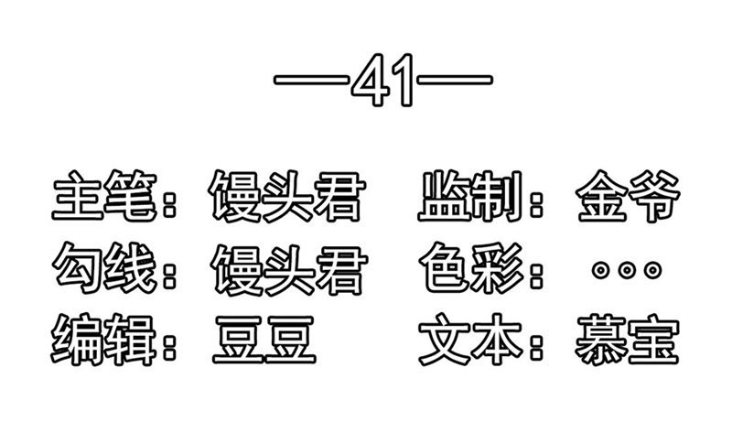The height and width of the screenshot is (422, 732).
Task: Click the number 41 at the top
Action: [382, 80]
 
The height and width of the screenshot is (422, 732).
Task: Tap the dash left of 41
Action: [312, 80]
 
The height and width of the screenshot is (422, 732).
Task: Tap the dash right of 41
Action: [455, 80]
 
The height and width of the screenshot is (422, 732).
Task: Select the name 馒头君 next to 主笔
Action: [286, 196]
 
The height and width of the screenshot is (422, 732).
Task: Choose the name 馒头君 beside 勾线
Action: [288, 269]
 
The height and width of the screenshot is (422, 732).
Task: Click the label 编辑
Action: [102, 340]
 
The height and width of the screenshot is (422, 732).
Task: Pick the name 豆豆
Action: [264, 340]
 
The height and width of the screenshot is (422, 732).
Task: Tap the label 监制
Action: [470, 195]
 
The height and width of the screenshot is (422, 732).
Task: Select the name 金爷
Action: [628, 196]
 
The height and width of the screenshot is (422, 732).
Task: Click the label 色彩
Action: [472, 267]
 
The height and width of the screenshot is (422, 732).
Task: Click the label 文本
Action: [470, 340]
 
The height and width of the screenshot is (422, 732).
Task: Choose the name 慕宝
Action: [627, 340]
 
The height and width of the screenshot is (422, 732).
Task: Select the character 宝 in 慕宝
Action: [653, 340]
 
